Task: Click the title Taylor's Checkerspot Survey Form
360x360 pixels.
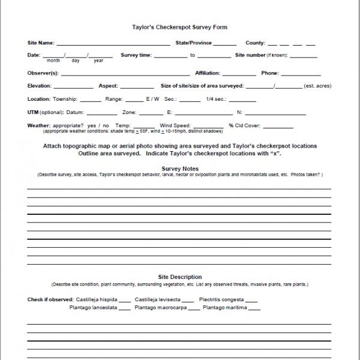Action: [x=179, y=28]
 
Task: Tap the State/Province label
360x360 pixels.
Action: [x=193, y=43]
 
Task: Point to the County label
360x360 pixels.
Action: [x=255, y=43]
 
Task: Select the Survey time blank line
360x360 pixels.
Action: [x=170, y=57]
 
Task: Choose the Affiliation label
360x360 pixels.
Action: [x=208, y=73]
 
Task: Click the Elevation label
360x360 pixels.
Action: [x=40, y=86]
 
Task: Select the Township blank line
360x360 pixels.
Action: [x=90, y=101]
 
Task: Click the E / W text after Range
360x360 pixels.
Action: [x=152, y=98]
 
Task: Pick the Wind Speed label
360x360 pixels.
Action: [x=175, y=125]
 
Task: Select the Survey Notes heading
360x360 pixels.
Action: [x=179, y=169]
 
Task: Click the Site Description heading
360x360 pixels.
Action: [x=179, y=277]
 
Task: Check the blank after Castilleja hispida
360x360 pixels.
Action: [x=125, y=301]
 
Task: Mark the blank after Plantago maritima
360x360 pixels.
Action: [x=254, y=310]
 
